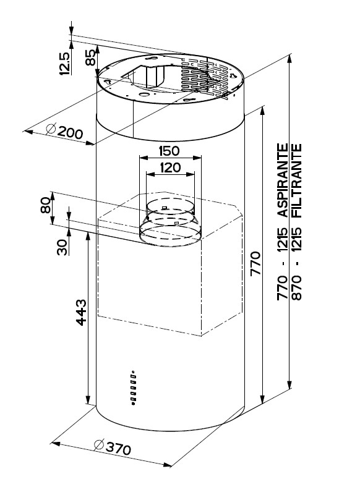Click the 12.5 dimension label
[x=64, y=64]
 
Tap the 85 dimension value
[x=90, y=57]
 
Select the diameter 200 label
[x=64, y=132]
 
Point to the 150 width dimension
[x=169, y=151]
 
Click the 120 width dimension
[x=170, y=167]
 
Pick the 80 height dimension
[x=45, y=205]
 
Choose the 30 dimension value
[x=62, y=247]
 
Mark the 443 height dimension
[x=81, y=313]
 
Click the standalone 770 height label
[x=255, y=263]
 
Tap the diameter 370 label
[x=112, y=447]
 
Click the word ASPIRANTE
[x=283, y=180]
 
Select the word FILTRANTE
[x=296, y=180]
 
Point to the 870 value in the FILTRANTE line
[x=296, y=287]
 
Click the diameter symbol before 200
[x=51, y=129]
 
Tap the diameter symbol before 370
[x=98, y=445]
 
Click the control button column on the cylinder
[x=133, y=387]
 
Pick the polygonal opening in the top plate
[x=152, y=77]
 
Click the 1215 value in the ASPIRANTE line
[x=283, y=239]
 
